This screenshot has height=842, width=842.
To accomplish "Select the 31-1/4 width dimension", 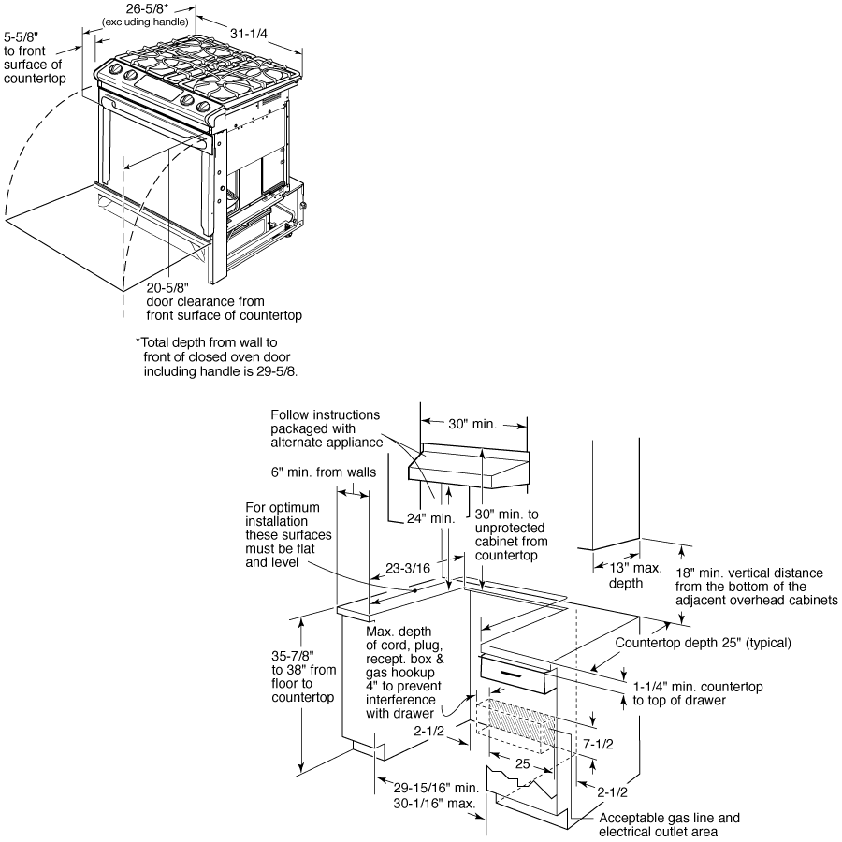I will click(x=248, y=34).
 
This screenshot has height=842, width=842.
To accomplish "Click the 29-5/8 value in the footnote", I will click(x=288, y=371).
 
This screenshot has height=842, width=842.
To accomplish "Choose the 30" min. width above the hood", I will click(x=473, y=424).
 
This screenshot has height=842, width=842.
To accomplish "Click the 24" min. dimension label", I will click(x=431, y=518).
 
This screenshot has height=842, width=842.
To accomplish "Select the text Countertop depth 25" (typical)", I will click(x=704, y=643).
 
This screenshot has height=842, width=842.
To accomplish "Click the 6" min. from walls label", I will click(x=324, y=472).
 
